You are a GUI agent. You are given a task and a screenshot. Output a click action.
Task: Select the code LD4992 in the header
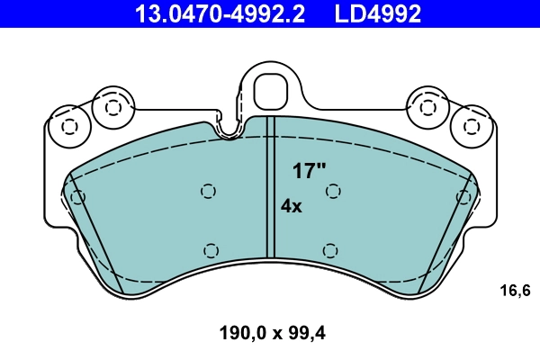pyautogui.click(x=379, y=13)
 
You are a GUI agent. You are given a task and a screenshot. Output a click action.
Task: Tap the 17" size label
pyautogui.click(x=309, y=171)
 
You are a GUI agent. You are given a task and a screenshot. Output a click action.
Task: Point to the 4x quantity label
pyautogui.click(x=291, y=206)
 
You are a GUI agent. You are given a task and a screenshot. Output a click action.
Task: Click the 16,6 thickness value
pyautogui.click(x=516, y=290)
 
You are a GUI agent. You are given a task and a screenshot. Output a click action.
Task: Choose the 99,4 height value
pyautogui.click(x=305, y=333)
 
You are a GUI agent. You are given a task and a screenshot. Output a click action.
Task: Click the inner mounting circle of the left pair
pyautogui.click(x=112, y=107)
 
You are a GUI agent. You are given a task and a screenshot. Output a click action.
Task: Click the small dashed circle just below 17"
pyautogui.click(x=333, y=191)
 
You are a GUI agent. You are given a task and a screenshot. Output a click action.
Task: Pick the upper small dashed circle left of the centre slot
pyautogui.click(x=208, y=191)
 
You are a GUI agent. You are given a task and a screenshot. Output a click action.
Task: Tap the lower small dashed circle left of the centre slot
pyautogui.click(x=211, y=251)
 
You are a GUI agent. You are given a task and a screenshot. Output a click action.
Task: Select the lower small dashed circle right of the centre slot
pyautogui.click(x=329, y=251)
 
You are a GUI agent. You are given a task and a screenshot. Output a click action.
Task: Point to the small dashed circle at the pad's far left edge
pyautogui.click(x=77, y=197)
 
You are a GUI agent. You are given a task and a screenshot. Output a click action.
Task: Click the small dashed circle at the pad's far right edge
pyautogui.click(x=463, y=197)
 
